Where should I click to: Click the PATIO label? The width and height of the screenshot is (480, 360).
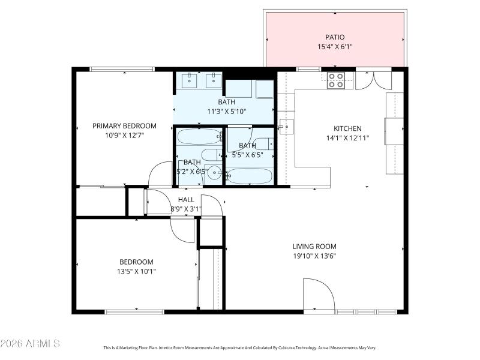(335, 37)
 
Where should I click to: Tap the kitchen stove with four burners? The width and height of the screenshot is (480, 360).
(336, 80)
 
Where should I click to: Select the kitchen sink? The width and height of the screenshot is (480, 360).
(286, 127)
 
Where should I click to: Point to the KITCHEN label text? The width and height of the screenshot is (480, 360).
(347, 128)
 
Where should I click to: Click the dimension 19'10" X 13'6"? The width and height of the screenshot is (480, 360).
(314, 256)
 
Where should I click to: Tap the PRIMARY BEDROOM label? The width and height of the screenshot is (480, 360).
(124, 126)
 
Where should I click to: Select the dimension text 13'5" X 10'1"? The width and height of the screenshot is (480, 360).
(136, 271)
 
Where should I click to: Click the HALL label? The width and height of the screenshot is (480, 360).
(186, 200)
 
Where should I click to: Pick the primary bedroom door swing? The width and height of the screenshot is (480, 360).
(160, 175)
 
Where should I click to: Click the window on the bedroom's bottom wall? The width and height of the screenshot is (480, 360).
(134, 311)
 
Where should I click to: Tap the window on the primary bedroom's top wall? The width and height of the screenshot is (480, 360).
(122, 69)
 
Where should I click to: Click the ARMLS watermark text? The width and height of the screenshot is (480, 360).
(30, 344)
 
